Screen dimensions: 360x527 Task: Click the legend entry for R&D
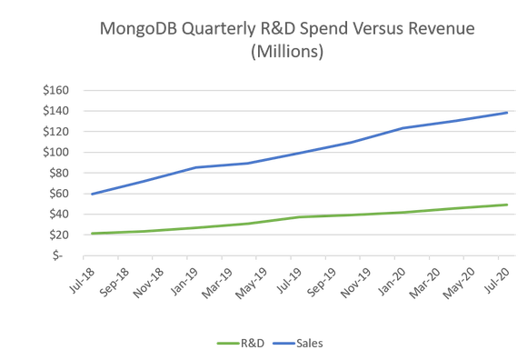click(x=240, y=344)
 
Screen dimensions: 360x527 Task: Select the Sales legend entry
click(x=296, y=344)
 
